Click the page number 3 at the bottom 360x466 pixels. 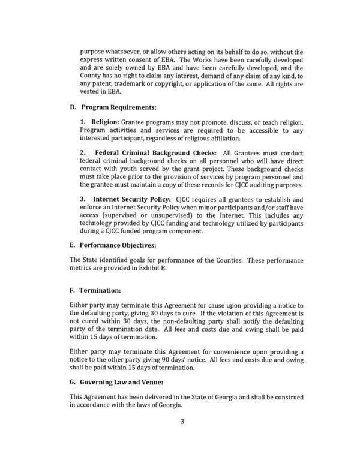182,437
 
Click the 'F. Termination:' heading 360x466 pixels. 96,290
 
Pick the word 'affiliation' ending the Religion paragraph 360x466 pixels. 217,139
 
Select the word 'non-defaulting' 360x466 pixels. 197,321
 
